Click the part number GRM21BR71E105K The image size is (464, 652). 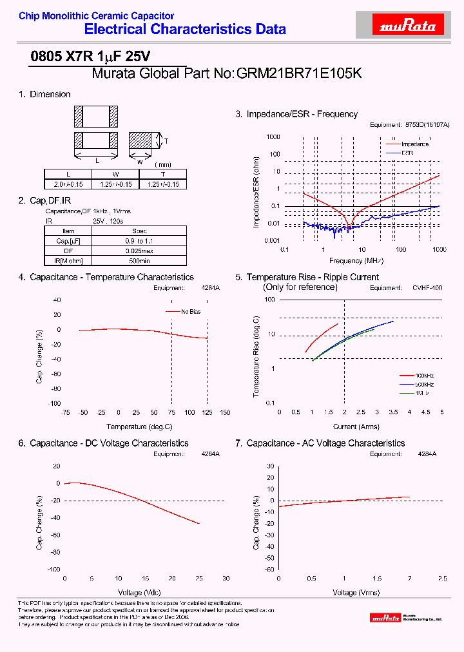tap(299, 73)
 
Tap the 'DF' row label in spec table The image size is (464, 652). tap(68, 251)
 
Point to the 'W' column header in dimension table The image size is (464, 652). tap(115, 174)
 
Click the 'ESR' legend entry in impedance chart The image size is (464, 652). tap(407, 153)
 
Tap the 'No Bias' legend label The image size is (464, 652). tap(191, 312)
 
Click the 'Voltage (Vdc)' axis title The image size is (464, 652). tap(139, 592)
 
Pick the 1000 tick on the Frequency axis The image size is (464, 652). tap(440, 249)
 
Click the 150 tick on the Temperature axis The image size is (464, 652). tap(225, 412)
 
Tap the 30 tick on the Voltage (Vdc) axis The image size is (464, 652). tap(225, 578)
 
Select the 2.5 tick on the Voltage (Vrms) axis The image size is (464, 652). tap(442, 579)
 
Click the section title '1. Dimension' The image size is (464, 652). tap(44, 94)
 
